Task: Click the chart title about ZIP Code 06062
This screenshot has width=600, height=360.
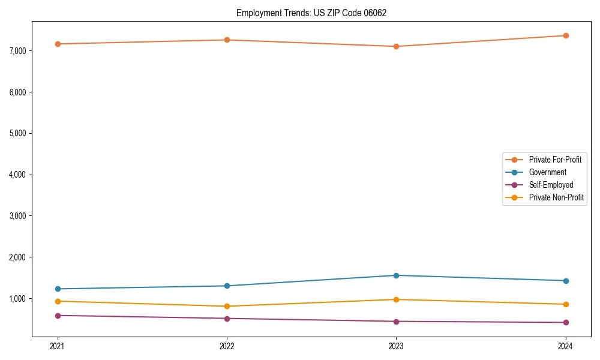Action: [x=307, y=13]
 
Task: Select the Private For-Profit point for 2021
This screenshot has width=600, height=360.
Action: [x=58, y=44]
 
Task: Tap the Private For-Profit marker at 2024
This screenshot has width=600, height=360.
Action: [x=566, y=35]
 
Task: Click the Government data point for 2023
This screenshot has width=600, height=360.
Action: [x=396, y=275]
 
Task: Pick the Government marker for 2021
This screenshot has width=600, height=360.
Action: [x=58, y=289]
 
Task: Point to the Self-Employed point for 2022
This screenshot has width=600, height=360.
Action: [x=227, y=319]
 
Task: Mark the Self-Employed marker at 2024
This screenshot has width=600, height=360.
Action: [x=566, y=322]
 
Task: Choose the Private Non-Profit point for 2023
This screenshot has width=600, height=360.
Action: [x=396, y=299]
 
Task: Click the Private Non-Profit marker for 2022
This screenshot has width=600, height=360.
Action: [x=227, y=306]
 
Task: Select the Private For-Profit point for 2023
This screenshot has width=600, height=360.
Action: [x=396, y=46]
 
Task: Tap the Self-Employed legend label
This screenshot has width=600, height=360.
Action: [x=551, y=185]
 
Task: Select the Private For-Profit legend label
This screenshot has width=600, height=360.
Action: [x=554, y=160]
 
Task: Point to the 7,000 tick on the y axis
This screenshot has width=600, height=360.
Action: [x=18, y=51]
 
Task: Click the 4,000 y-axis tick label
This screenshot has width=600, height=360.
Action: [x=18, y=175]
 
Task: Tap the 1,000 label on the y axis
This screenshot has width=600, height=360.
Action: [x=18, y=299]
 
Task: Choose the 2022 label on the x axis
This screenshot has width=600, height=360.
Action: [x=227, y=346]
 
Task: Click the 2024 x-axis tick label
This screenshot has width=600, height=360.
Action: [x=566, y=346]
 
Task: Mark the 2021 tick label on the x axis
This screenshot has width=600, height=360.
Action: [x=58, y=346]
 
